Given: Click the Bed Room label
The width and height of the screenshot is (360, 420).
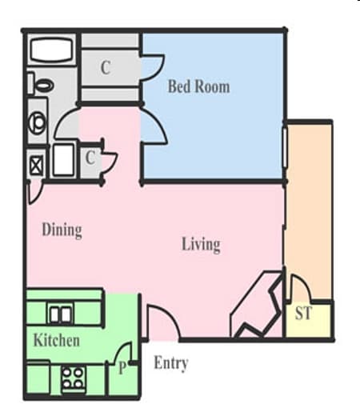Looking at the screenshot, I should coord(198,86).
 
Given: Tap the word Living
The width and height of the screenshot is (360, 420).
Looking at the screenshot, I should coord(200,244).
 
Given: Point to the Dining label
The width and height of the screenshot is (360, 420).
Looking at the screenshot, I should coord(62,230).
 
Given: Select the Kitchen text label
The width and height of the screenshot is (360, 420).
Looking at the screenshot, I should coord(56,341).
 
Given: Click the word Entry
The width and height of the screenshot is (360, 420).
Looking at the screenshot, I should coord(170,364).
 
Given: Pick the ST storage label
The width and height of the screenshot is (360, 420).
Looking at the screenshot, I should coord(303,314).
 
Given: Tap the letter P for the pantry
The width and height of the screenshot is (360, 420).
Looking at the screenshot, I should coord(122,369).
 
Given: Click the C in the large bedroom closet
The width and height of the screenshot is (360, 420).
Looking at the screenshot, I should coord(105,68).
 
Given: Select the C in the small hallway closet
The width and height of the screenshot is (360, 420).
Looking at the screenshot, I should coord(90,158).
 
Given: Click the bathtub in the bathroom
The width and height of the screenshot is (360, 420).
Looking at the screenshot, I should coord(52,50).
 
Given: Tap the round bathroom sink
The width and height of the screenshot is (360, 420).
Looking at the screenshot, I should coord(38,122).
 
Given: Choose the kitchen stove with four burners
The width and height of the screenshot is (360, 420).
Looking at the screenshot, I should coord(74,377).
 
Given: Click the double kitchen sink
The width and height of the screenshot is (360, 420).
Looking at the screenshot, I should coord(61,314).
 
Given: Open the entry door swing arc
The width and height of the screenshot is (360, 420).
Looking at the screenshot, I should coord(164,322).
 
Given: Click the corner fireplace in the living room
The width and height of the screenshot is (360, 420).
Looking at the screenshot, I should coord(258,308).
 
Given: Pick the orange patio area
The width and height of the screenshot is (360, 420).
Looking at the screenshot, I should coord(308,208).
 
